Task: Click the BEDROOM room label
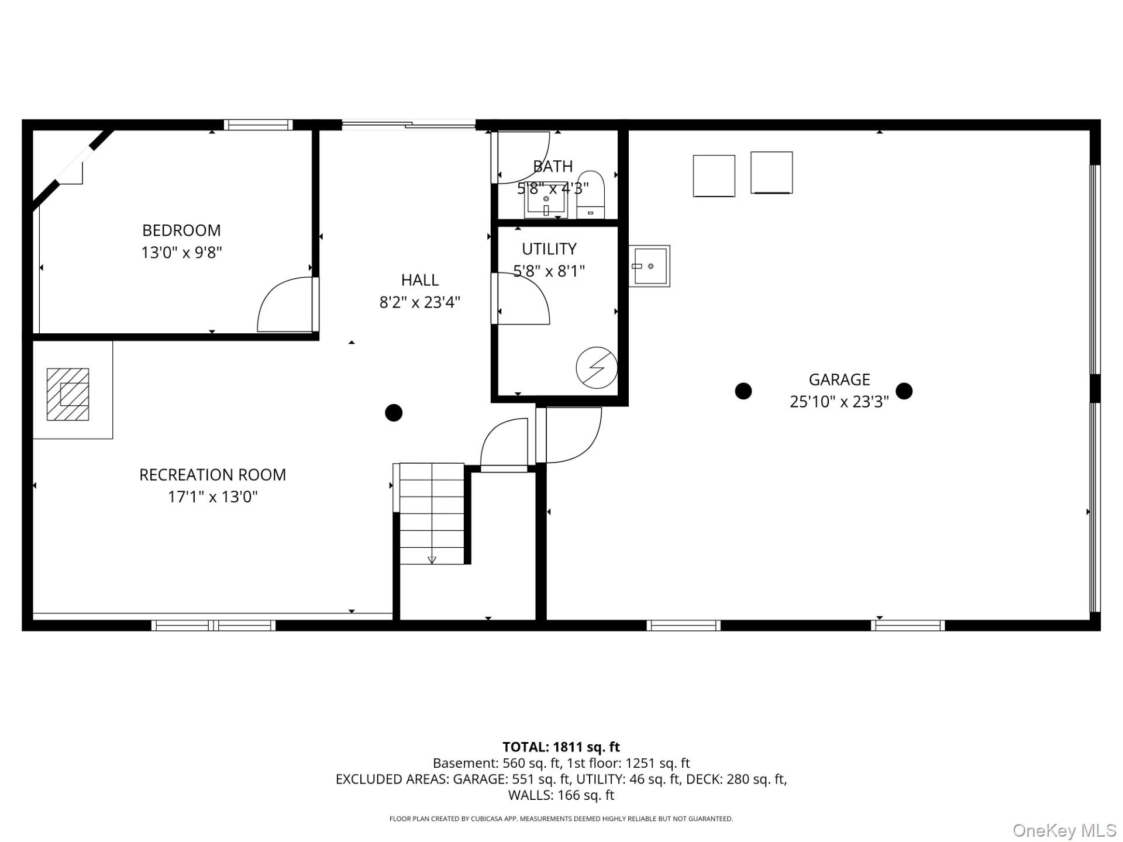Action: tap(181, 230)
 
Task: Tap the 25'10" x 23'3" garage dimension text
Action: tap(839, 402)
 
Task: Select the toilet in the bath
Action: tap(590, 195)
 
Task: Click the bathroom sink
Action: tap(546, 201)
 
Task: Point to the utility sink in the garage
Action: tap(649, 266)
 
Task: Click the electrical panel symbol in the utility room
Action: tap(596, 368)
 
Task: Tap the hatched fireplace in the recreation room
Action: tap(68, 394)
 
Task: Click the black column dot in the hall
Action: tap(394, 413)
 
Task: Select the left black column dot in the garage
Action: tap(743, 391)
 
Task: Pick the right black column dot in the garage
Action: tap(904, 391)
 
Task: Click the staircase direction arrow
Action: tap(432, 560)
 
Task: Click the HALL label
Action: tap(419, 280)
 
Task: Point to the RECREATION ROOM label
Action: tap(212, 475)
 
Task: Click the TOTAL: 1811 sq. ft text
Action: tap(561, 747)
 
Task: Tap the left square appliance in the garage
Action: tap(714, 176)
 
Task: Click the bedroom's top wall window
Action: tap(258, 125)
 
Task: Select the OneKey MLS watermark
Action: tap(1064, 830)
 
